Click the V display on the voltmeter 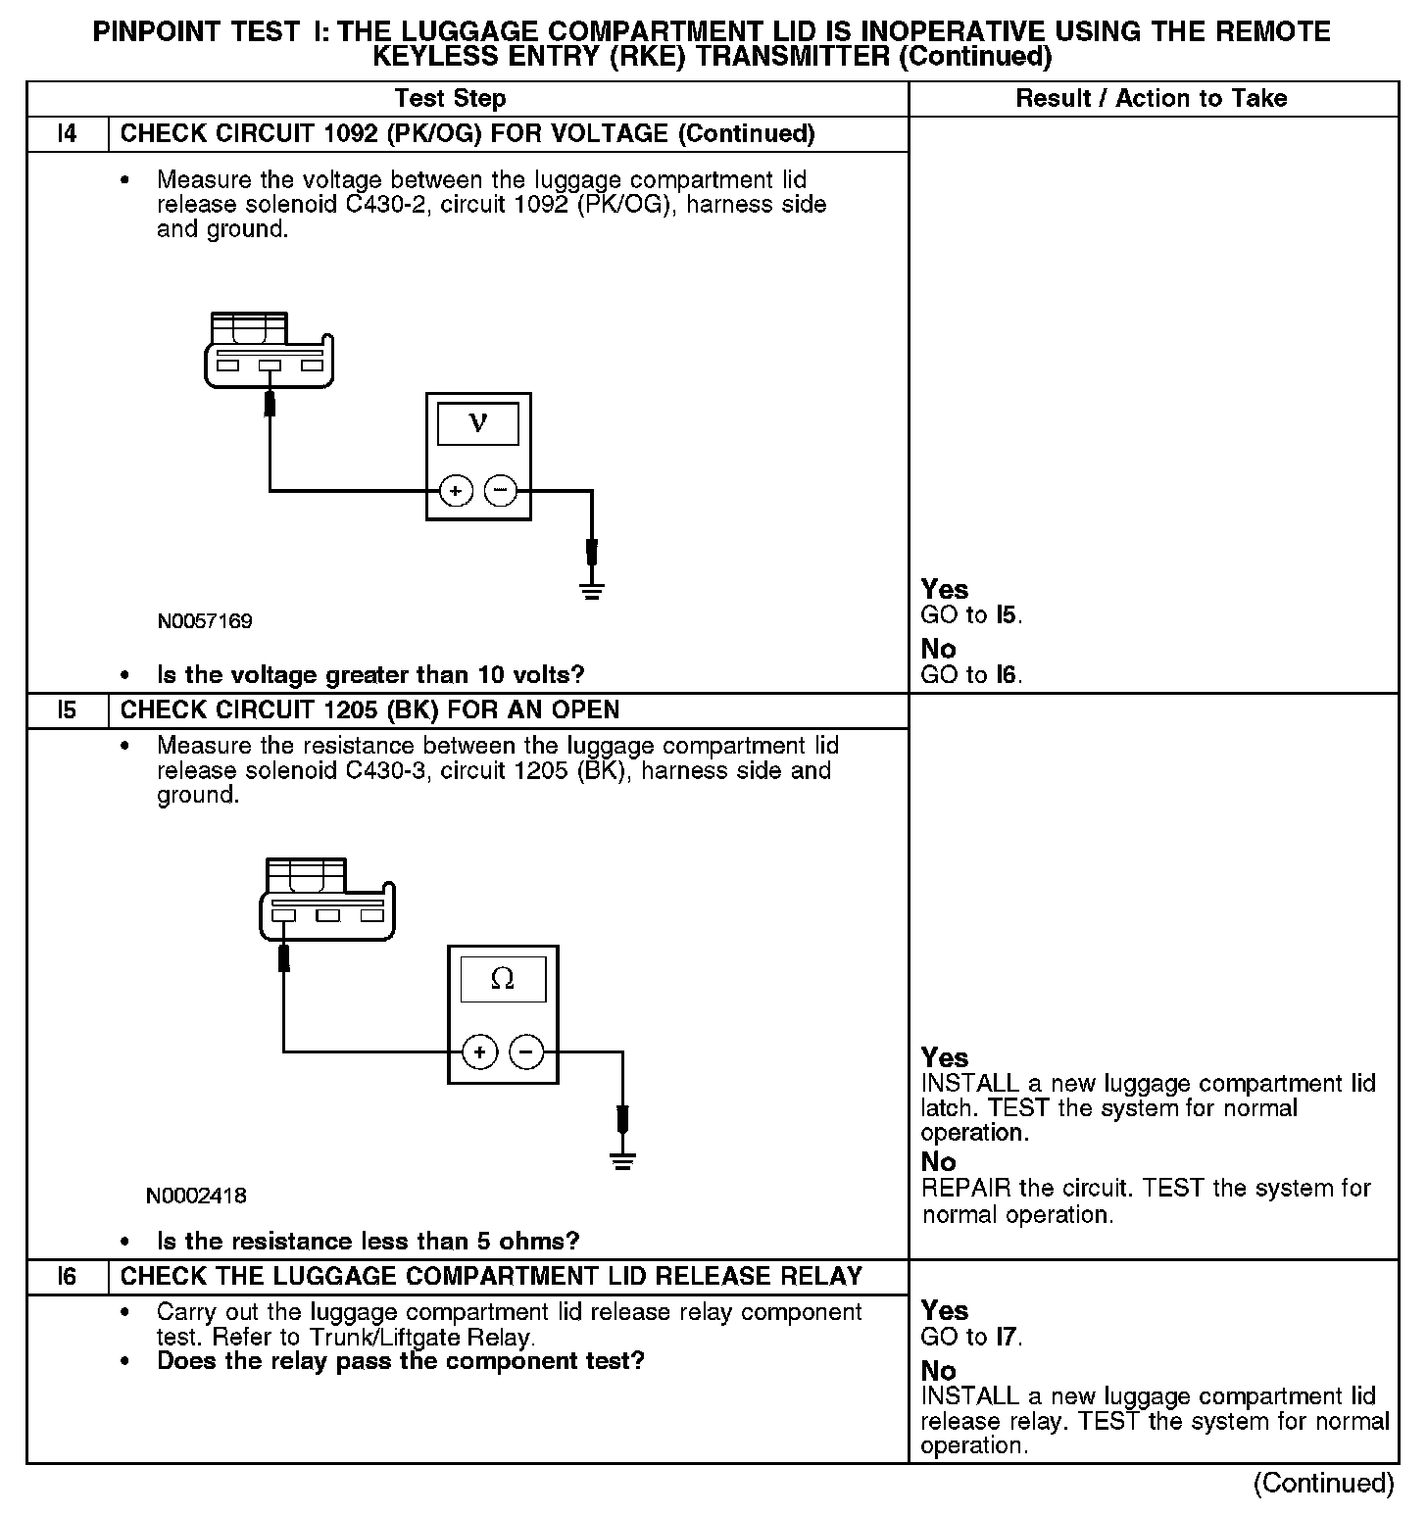coord(477,423)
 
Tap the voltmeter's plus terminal coord(456,490)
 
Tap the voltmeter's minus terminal coord(501,490)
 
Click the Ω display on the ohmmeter coord(503,979)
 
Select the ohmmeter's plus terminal coord(480,1052)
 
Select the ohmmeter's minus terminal coord(527,1052)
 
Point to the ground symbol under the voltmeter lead coord(591,590)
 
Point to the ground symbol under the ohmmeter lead coord(622,1161)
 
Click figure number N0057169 coord(205,621)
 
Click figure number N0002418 coord(196,1196)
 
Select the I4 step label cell coord(67,133)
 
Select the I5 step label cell coord(67,709)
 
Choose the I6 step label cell coord(67,1276)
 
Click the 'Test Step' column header coord(450,98)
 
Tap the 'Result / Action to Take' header coord(1152,98)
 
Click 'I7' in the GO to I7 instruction coord(1007,1337)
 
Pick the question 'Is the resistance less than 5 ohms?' coord(369,1242)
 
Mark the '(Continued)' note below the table coord(1323,1483)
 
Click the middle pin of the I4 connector coord(270,366)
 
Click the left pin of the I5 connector coord(283,915)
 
